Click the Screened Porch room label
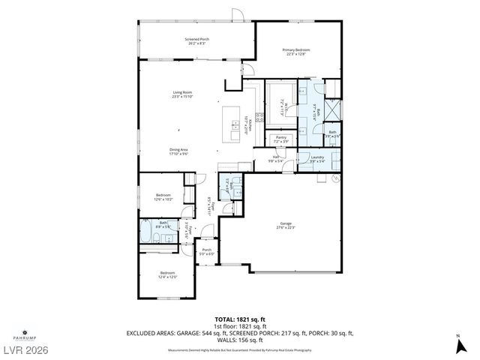[197, 40]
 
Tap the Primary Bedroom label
[296, 52]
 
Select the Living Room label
[183, 94]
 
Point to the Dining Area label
[178, 151]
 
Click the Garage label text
[286, 225]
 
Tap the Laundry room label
[317, 158]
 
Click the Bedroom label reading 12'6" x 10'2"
[163, 197]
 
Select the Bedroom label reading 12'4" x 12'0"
[166, 274]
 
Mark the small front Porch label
[206, 252]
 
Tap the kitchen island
[229, 124]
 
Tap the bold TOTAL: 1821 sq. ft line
[240, 318]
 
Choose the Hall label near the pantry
[275, 158]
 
